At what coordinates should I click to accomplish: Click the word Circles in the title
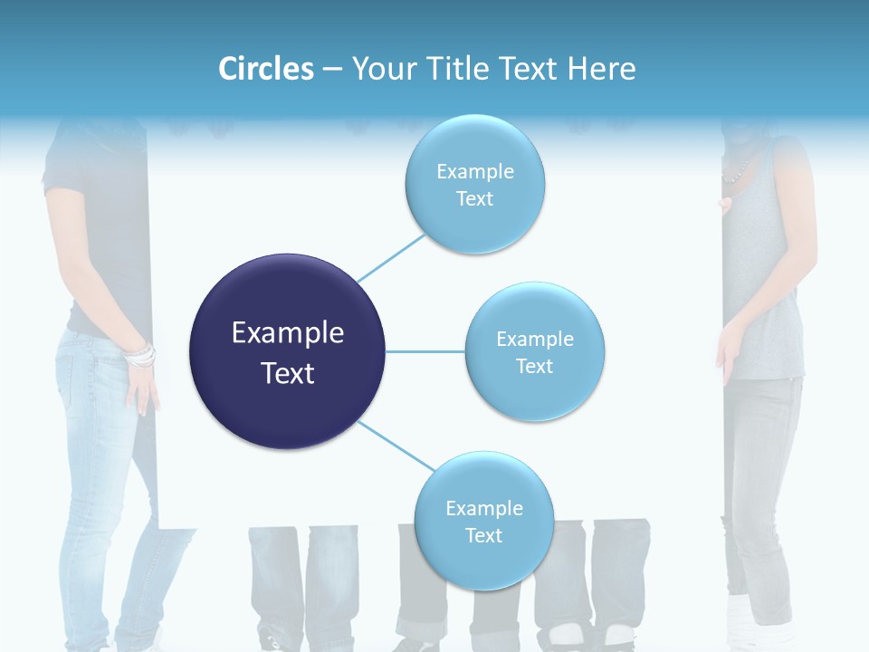266,69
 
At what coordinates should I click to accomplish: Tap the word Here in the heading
601,69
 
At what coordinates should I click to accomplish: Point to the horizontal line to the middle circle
425,351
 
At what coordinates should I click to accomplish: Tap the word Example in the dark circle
288,333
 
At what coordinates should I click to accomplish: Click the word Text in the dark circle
288,373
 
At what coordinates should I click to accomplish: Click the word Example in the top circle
474,172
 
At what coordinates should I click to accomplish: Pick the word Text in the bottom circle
483,535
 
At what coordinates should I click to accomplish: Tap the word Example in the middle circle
535,340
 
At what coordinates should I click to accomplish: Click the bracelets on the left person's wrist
139,355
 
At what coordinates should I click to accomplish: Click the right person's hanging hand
727,358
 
